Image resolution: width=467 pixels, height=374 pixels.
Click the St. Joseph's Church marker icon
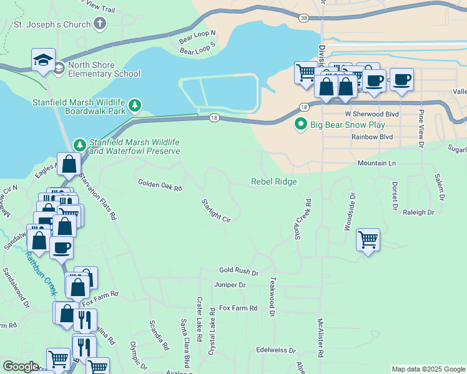(99, 24)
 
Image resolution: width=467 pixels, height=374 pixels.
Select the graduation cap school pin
(43, 60)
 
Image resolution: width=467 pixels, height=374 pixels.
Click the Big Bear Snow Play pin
(301, 124)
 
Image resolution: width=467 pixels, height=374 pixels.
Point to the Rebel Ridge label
(273, 181)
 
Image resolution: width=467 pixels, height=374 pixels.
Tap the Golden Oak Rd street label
(159, 185)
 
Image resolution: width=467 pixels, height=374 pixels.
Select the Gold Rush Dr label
(238, 271)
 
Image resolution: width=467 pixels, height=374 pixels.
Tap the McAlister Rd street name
(320, 338)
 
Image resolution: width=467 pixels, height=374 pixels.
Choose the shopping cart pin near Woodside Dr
(368, 239)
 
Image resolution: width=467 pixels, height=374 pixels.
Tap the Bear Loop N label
(197, 35)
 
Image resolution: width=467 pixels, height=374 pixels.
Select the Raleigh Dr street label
(418, 213)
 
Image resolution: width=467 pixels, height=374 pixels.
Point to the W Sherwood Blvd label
(372, 115)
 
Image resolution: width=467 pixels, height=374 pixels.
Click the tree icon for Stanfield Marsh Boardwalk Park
(135, 106)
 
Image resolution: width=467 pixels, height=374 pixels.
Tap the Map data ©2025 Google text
(428, 369)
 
